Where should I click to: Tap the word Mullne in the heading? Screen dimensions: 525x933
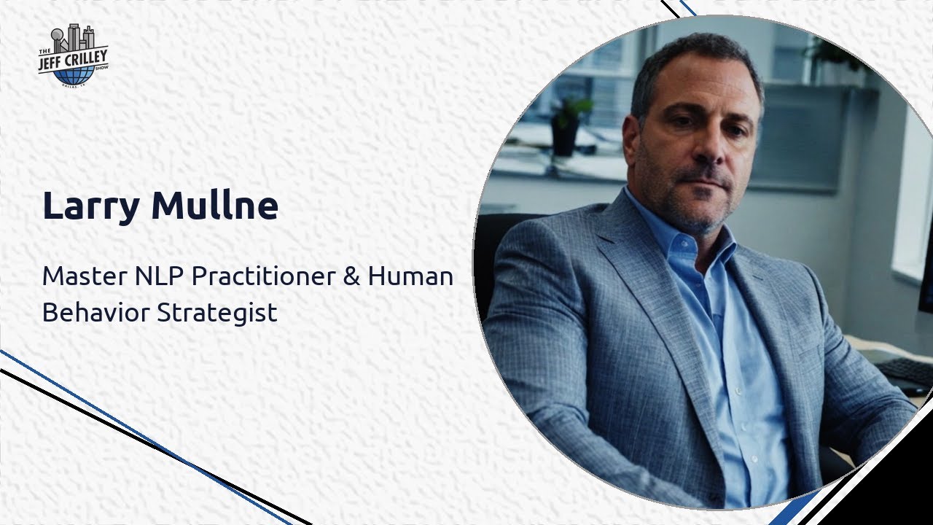(214, 206)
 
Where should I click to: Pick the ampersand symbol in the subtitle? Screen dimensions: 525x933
(352, 276)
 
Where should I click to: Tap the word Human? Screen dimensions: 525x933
(410, 276)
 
